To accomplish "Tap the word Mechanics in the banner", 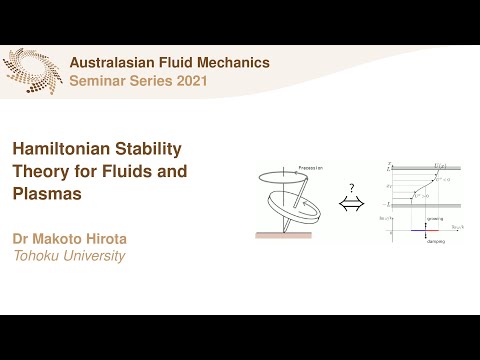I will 233,62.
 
